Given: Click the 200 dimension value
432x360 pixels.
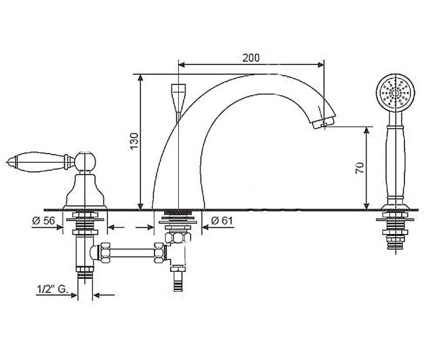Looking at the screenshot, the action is point(251,58).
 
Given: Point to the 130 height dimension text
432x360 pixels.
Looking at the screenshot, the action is point(134,141).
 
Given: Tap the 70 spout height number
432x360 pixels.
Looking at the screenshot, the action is point(360,168).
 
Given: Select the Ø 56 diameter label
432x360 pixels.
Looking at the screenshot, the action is point(44,220).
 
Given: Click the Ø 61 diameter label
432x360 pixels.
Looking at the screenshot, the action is point(222,220).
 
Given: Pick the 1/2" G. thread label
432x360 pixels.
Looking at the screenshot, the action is point(52,289).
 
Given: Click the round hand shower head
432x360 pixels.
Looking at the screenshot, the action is point(396,93).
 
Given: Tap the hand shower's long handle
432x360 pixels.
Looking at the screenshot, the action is point(396,162).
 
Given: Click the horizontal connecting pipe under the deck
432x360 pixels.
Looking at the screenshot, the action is point(132,253).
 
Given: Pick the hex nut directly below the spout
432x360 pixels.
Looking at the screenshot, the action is point(178,238).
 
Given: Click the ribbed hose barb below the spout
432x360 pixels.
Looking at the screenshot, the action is point(178,282).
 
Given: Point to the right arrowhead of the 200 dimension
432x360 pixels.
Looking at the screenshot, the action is point(321,65).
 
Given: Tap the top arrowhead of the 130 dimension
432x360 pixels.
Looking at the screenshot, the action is point(140,78).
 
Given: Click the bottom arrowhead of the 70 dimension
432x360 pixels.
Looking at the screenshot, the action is point(366,206).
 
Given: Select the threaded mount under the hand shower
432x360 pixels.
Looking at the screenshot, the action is point(396,230).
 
